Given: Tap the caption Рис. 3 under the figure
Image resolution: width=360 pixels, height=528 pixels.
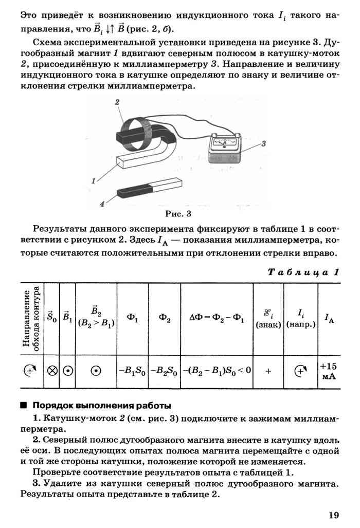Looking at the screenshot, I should click(178, 212).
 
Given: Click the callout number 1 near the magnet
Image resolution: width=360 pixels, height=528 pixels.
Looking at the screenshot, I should click(94, 180).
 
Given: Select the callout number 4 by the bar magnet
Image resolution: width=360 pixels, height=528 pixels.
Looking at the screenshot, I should click(102, 204).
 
